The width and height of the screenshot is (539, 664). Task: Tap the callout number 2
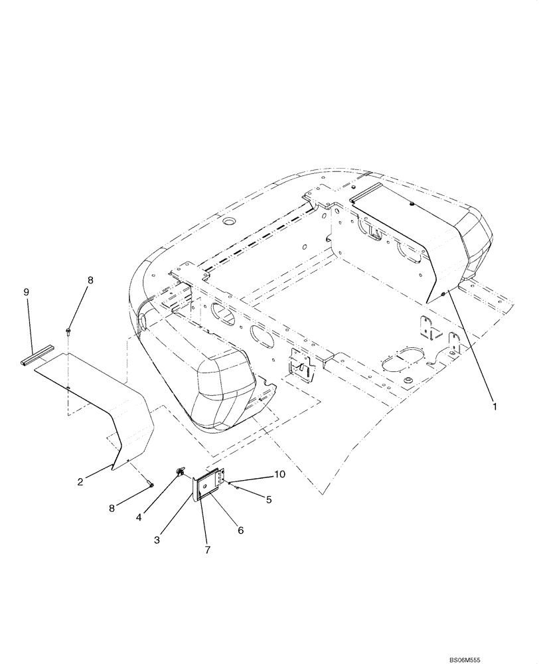pos(80,481)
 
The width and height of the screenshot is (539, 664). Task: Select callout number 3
pos(157,540)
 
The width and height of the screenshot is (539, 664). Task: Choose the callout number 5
pos(269,500)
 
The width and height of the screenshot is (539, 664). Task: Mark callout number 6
pos(240,530)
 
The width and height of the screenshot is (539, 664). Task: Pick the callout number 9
pos(27,291)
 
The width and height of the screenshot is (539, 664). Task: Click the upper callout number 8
pos(91,280)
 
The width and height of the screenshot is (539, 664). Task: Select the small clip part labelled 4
pos(180,472)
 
